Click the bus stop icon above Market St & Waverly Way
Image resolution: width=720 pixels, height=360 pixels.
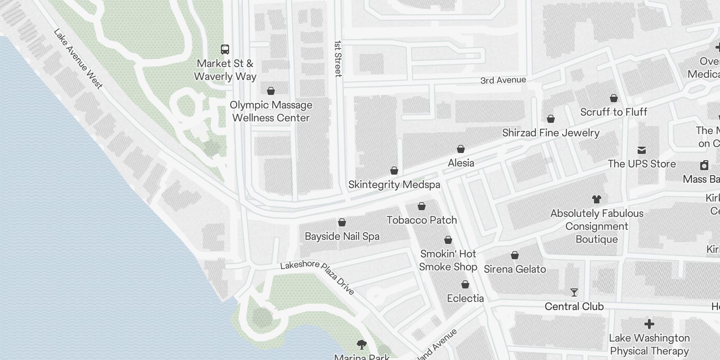pos(225,49)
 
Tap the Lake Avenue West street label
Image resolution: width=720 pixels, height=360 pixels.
pos(78,58)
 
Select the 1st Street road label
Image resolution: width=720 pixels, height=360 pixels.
pos(338,58)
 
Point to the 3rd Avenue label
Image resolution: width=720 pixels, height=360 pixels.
pos(503,80)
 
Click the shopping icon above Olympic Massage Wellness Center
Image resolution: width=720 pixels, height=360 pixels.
pos(271,91)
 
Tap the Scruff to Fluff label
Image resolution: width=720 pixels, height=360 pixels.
pos(613,112)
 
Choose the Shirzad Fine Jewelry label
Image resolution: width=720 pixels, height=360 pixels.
pos(551,133)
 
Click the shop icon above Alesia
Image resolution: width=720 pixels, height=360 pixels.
pos(461,149)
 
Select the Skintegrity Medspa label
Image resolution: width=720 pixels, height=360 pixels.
pos(394,185)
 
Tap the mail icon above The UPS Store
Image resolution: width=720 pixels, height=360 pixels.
pos(642,150)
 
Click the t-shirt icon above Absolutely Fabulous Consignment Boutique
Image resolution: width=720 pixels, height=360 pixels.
pos(597,199)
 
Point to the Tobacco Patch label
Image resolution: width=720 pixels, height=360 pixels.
pos(422,220)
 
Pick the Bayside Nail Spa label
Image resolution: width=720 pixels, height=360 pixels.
pos(342,236)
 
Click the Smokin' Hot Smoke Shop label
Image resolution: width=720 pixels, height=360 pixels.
pos(448,260)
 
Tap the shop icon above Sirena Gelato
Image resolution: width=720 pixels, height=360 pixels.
pos(515,256)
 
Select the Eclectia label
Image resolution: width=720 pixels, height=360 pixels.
pos(465,298)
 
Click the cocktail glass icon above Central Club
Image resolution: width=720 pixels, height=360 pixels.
pos(574,292)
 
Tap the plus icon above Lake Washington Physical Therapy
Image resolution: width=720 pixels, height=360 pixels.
pos(649,324)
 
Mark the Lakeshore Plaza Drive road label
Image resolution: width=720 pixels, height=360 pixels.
pos(317,276)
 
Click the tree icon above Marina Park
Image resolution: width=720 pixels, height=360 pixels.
pos(361,345)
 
